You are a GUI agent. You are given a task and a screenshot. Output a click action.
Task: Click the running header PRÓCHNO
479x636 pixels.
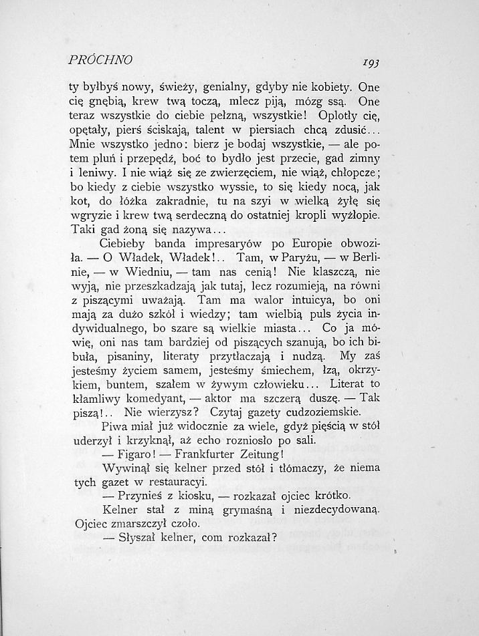click(101, 59)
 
